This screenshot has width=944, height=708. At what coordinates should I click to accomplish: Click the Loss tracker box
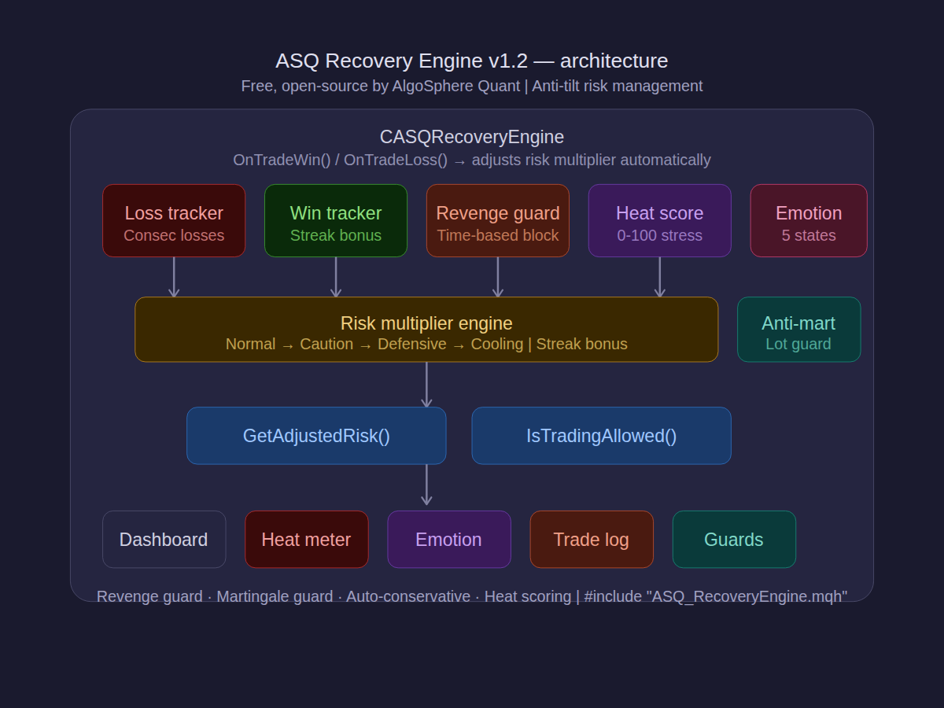pyautogui.click(x=174, y=221)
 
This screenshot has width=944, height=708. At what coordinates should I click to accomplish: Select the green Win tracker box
pyautogui.click(x=336, y=221)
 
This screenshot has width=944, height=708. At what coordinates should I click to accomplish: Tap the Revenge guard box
pyautogui.click(x=498, y=221)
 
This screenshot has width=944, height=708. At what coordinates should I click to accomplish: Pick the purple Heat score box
pyautogui.click(x=660, y=221)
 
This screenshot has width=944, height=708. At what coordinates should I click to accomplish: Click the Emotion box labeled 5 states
pyautogui.click(x=809, y=221)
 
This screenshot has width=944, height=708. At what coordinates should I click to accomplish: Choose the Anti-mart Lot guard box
pyautogui.click(x=798, y=330)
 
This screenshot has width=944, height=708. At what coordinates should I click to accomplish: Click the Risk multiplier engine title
pyautogui.click(x=426, y=323)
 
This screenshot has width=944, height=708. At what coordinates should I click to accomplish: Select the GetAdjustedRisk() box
pyautogui.click(x=316, y=436)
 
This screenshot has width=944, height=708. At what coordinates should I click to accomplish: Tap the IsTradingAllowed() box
pyautogui.click(x=601, y=436)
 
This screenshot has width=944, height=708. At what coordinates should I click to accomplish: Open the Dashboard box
pyautogui.click(x=164, y=540)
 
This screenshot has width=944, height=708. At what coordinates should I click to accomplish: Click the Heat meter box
pyautogui.click(x=306, y=540)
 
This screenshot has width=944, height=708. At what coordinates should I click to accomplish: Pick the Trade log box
pyautogui.click(x=591, y=540)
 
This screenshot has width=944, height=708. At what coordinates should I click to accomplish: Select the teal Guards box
pyautogui.click(x=733, y=540)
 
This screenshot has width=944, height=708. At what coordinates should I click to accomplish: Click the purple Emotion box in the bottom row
pyautogui.click(x=448, y=540)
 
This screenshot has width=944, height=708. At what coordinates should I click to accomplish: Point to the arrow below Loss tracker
pyautogui.click(x=174, y=278)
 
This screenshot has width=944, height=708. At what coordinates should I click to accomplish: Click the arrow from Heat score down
pyautogui.click(x=660, y=278)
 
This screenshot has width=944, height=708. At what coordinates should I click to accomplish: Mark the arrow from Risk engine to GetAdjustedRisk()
pyautogui.click(x=426, y=385)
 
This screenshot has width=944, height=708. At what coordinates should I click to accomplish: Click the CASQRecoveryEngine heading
pyautogui.click(x=472, y=137)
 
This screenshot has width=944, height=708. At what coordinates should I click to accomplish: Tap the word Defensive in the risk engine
pyautogui.click(x=411, y=345)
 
